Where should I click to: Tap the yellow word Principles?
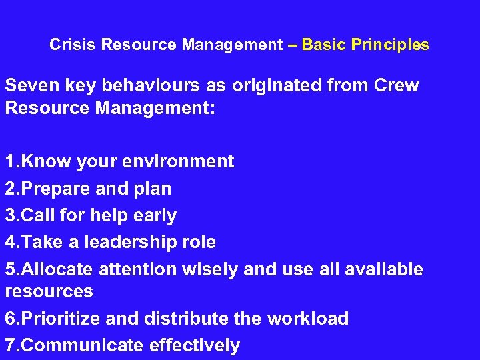pos(390,45)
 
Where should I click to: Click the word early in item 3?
pos(154,215)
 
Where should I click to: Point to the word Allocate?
pos(57,269)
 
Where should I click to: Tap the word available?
pos(378,269)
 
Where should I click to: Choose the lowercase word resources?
pos(49,291)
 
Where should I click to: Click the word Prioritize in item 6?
pos(61,319)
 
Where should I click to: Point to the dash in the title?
pos(292,45)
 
